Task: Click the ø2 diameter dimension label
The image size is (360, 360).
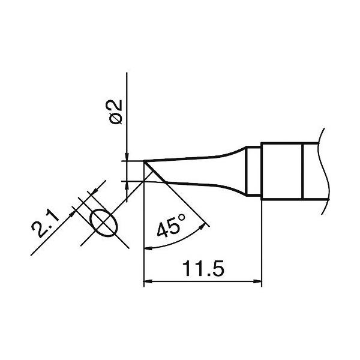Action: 116,111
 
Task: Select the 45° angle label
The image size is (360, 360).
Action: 171,229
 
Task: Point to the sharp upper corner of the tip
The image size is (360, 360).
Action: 145,161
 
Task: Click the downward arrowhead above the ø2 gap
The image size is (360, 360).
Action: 127,157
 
